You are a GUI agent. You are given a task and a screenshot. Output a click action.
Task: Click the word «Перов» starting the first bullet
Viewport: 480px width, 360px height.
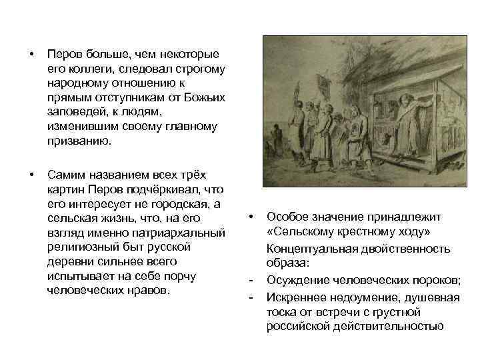(63, 54)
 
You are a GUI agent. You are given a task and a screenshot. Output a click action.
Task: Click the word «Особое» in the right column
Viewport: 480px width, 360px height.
(286, 217)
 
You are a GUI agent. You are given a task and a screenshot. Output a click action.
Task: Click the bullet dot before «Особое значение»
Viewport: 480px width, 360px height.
(250, 217)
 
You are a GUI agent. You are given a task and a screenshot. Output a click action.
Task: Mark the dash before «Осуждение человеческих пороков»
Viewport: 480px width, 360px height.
(250, 279)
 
